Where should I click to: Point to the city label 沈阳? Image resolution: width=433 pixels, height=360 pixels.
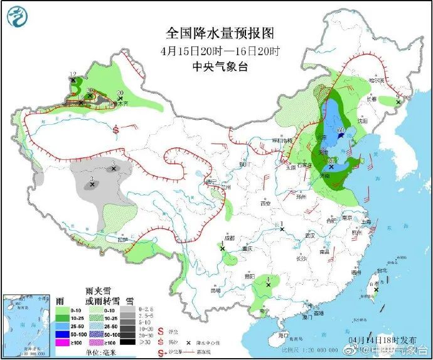click(360, 120)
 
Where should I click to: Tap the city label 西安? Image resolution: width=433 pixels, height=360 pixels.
click(265, 204)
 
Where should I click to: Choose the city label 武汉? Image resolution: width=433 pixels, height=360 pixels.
click(308, 235)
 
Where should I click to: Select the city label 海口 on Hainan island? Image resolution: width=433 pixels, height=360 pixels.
click(283, 336)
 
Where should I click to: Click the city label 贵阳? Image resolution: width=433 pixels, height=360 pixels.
click(250, 277)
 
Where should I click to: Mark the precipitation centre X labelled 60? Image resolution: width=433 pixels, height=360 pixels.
click(339, 135)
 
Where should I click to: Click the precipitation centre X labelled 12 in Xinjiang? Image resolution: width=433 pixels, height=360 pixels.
click(73, 80)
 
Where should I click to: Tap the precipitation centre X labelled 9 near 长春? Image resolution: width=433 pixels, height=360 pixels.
click(397, 102)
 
